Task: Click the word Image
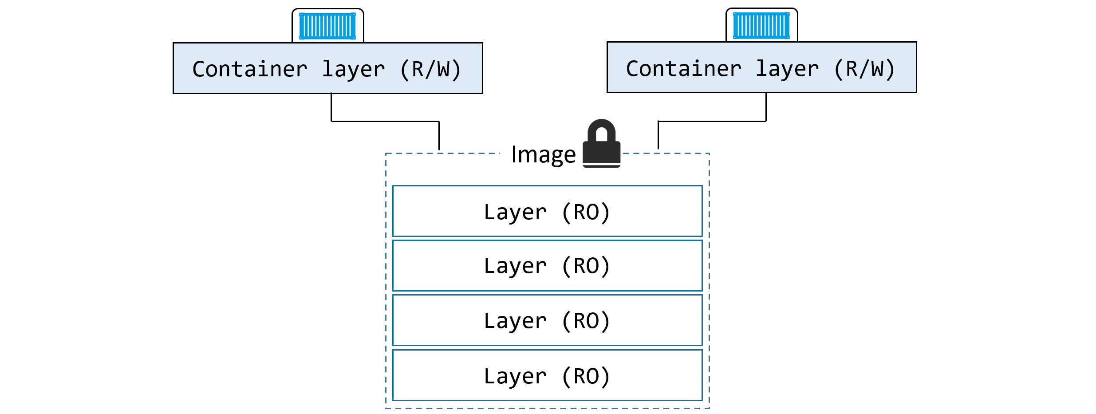point(543,155)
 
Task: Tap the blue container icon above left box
point(327,26)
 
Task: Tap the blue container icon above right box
point(761,25)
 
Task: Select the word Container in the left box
point(250,69)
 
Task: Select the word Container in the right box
point(683,69)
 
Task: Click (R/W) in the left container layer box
point(430,70)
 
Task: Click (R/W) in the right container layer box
point(864,69)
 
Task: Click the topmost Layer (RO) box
point(548,211)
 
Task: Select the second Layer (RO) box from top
point(548,265)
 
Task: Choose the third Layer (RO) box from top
point(548,320)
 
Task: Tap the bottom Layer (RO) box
point(548,375)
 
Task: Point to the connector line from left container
point(385,121)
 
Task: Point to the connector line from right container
point(712,121)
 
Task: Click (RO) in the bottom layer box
point(586,376)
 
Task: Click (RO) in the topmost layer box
point(586,212)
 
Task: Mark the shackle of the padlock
point(602,127)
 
